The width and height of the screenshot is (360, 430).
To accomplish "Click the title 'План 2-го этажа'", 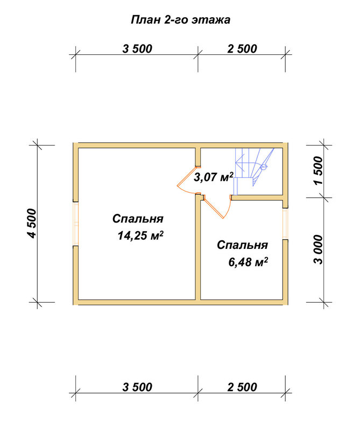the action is [x=180, y=20].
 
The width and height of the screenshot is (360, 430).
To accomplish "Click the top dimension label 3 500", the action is [x=137, y=49].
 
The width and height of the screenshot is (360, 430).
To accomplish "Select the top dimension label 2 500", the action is [x=242, y=49].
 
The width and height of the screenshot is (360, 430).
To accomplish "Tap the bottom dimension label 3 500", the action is [x=137, y=387].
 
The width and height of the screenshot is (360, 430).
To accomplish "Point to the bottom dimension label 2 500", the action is [x=242, y=387].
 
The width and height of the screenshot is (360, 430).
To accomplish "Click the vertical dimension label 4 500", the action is [x=31, y=224].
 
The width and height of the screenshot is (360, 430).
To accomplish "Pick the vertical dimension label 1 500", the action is [x=318, y=170].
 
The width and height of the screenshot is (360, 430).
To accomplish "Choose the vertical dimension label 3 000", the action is [x=318, y=249].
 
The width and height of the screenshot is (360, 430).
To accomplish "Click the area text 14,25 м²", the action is [x=140, y=235].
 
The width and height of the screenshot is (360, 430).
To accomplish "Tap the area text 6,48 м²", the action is [x=248, y=262].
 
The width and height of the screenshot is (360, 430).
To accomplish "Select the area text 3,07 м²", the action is [x=214, y=177].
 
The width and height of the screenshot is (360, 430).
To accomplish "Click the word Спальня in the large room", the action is [x=138, y=219].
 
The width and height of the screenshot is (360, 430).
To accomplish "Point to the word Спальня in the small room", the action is [x=242, y=245].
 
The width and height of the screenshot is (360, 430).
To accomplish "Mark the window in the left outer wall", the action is [x=75, y=224].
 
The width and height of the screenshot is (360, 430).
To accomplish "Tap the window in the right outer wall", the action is [x=285, y=224].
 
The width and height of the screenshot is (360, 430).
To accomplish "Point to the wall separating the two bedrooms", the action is [x=198, y=247].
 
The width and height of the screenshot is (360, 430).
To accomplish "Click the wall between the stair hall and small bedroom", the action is [x=257, y=197].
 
